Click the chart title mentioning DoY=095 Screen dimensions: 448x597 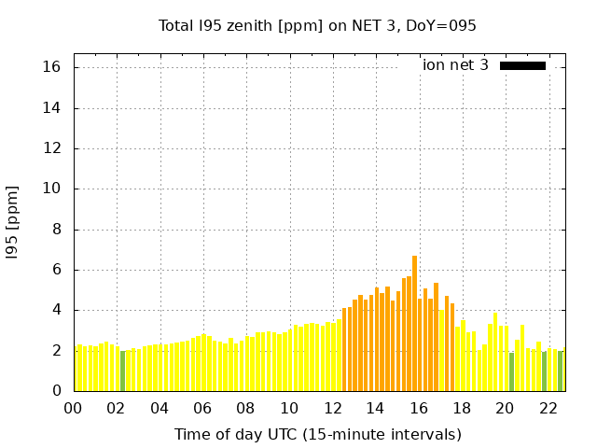[x=317, y=25]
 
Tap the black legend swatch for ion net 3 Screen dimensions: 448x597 [x=522, y=65]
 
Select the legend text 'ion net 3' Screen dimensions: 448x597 [x=455, y=65]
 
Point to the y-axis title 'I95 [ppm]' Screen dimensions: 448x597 [x=12, y=222]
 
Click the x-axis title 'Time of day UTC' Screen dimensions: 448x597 [x=317, y=434]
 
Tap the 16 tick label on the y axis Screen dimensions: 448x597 [x=51, y=67]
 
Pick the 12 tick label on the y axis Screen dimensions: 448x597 [x=51, y=147]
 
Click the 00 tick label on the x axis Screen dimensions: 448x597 [x=74, y=408]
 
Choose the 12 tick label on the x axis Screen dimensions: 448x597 [x=332, y=408]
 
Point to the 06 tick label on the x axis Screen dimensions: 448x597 [x=202, y=408]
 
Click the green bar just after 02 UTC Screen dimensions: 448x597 [x=122, y=371]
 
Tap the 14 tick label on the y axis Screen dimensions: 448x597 [x=51, y=107]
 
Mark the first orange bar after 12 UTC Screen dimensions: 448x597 [x=344, y=349]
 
